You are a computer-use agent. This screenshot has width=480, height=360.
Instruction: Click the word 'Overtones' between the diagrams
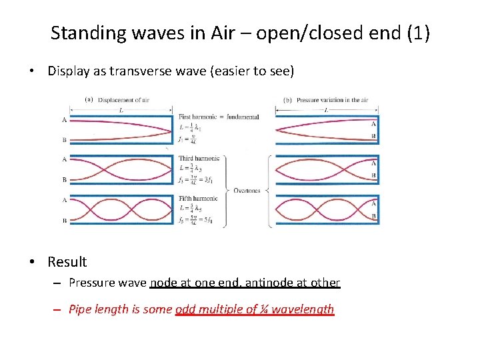247,191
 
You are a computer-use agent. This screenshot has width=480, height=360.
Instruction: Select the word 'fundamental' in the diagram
243,117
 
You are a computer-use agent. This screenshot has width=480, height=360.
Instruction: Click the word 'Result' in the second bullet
67,262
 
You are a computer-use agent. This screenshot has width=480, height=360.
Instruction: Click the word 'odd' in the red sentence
184,309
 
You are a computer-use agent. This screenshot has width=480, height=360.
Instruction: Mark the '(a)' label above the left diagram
89,101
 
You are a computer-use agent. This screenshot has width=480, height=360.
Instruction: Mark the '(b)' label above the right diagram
288,101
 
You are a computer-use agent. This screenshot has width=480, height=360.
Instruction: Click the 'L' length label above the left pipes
119,109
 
